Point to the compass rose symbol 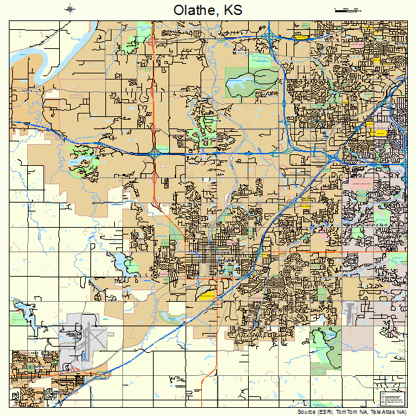tap(71, 9)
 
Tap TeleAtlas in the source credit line tap(381, 412)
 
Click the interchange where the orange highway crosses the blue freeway tap(155, 155)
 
